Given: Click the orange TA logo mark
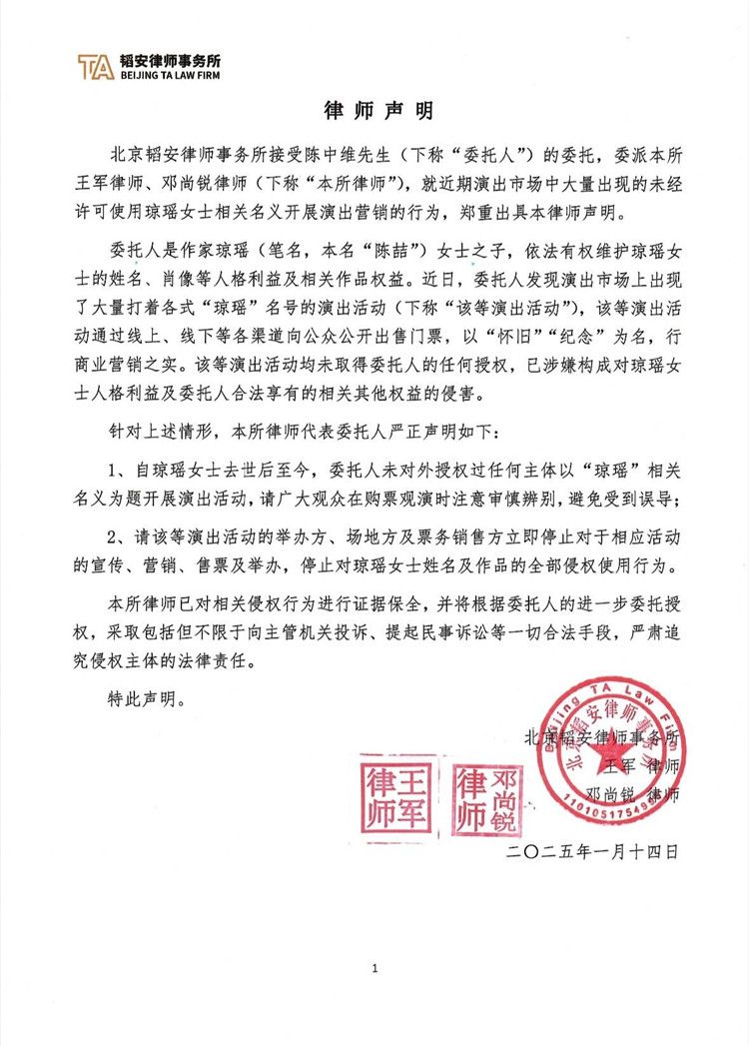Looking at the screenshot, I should click(96, 66).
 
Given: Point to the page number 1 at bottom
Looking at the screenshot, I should click(375, 968).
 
